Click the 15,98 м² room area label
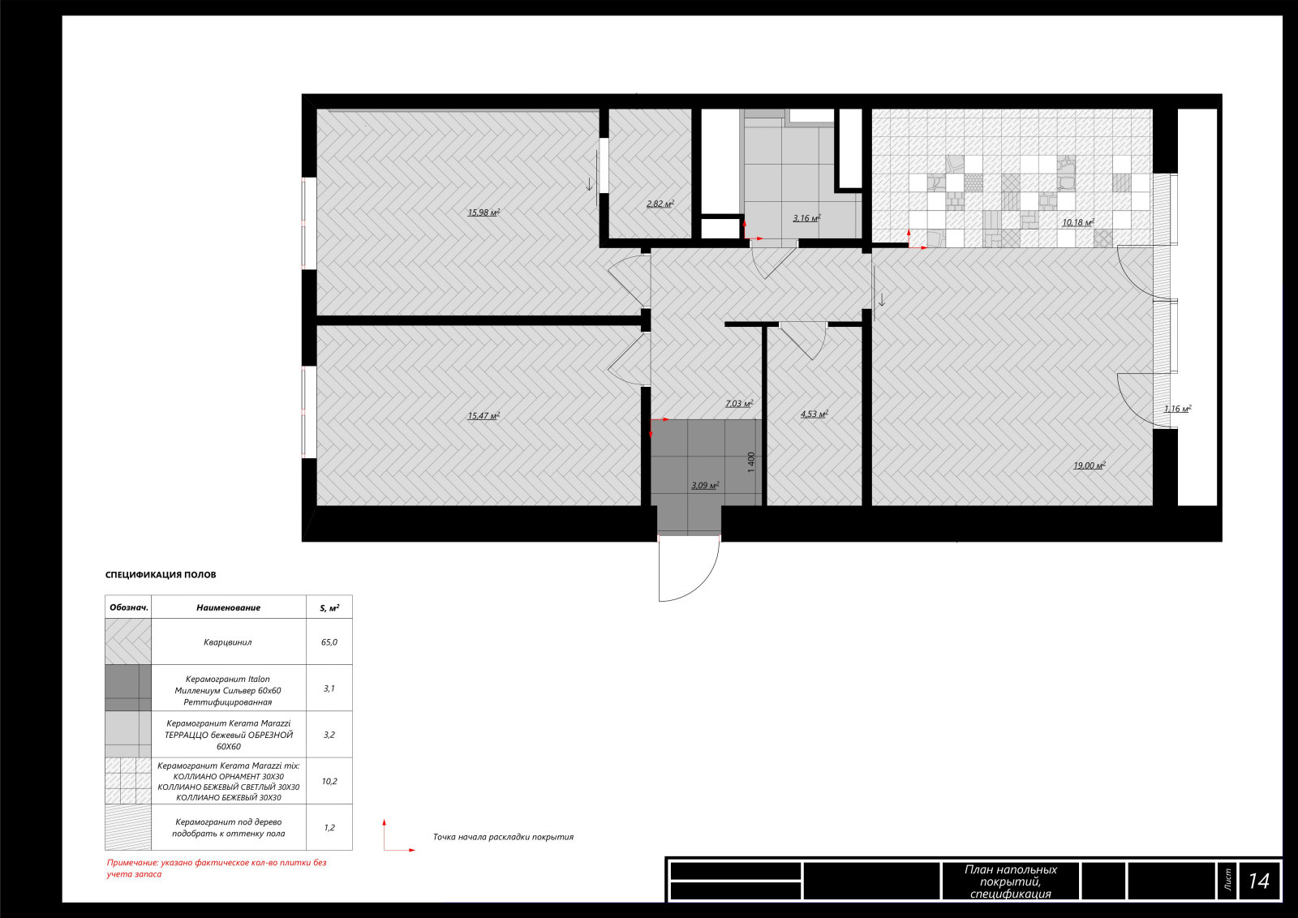pyautogui.click(x=484, y=212)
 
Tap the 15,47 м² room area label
pyautogui.click(x=484, y=416)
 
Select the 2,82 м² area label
pyautogui.click(x=660, y=204)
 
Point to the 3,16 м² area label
pyautogui.click(x=806, y=218)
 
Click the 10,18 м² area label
pyautogui.click(x=1078, y=222)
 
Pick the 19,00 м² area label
pyautogui.click(x=1090, y=465)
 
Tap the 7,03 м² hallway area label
pyautogui.click(x=739, y=404)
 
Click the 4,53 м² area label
pyautogui.click(x=814, y=414)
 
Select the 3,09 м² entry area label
pyautogui.click(x=705, y=485)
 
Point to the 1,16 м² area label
pyautogui.click(x=1177, y=409)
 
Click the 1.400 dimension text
pyautogui.click(x=751, y=462)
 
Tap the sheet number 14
pyautogui.click(x=1258, y=881)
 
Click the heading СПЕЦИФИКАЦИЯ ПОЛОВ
pyautogui.click(x=161, y=574)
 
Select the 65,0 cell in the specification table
pyautogui.click(x=329, y=641)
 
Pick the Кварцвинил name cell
pyautogui.click(x=228, y=641)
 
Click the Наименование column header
pyautogui.click(x=228, y=607)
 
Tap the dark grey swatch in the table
pyautogui.click(x=128, y=688)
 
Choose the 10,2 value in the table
pyautogui.click(x=329, y=781)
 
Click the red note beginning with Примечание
pyautogui.click(x=217, y=869)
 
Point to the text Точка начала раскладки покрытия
pyautogui.click(x=503, y=837)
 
